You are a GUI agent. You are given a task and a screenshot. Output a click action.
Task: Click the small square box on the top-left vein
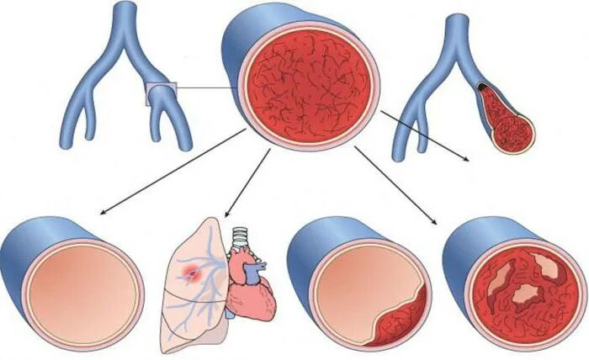[x=159, y=93]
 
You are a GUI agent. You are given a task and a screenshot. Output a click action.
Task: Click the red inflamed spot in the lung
[x=193, y=271]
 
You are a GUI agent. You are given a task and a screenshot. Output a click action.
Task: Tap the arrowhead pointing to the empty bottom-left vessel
[x=102, y=213]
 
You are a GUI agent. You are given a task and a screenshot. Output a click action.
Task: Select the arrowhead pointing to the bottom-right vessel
[x=434, y=222]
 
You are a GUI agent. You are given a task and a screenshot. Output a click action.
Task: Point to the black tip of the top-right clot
[x=481, y=86]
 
